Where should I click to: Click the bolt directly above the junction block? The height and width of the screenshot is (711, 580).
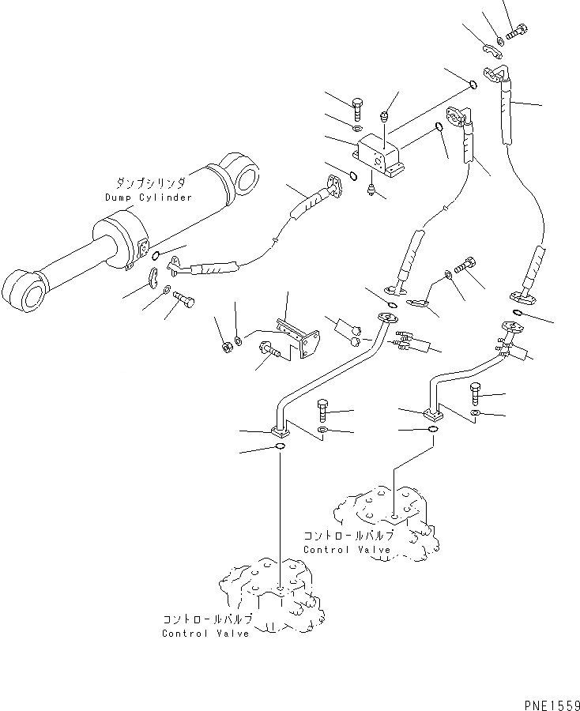click(356, 107)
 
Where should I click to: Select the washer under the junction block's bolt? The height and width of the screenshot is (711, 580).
click(356, 127)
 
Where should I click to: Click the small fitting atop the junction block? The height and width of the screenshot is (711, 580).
click(385, 117)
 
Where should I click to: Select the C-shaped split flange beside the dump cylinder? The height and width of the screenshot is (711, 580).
click(154, 280)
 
